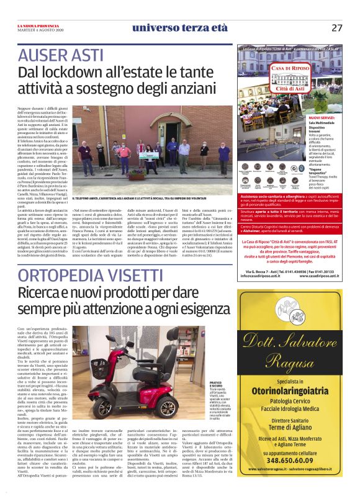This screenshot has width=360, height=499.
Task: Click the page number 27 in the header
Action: click(x=336, y=27)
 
